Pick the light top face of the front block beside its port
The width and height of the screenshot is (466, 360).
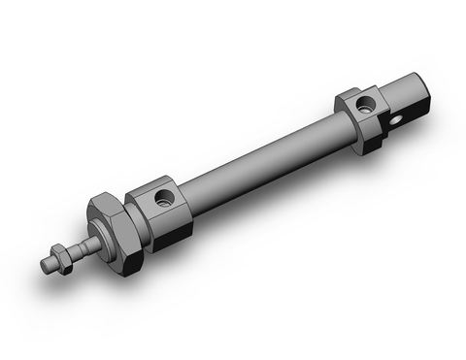click(150, 189)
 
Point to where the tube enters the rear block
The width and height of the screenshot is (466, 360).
click(341, 121)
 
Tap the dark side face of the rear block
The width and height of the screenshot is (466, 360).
click(376, 130)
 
